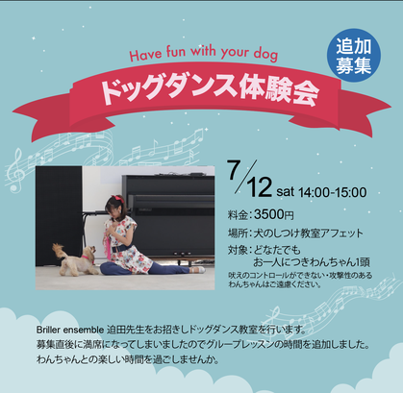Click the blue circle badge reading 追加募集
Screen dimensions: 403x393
point(354,56)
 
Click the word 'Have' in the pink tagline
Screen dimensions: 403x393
point(146,54)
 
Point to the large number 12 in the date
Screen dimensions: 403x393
point(259,187)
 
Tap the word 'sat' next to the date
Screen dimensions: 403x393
point(286,192)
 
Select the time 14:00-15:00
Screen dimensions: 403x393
point(333,192)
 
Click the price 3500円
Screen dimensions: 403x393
point(274,214)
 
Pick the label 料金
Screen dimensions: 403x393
point(238,215)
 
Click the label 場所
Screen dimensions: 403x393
point(238,233)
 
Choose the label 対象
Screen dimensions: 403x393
point(238,250)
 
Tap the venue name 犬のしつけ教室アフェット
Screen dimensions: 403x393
point(309,233)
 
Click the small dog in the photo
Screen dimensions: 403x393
point(75,259)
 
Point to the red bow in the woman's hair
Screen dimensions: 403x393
point(119,200)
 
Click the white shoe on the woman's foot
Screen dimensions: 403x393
point(199,270)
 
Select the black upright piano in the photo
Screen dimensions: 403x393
point(168,217)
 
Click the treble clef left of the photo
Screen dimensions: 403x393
point(16,170)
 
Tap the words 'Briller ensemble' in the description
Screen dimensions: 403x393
point(70,330)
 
